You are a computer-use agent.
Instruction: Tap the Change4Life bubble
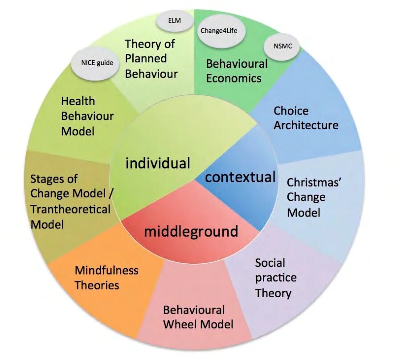click(216, 31)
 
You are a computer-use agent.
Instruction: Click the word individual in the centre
click(158, 163)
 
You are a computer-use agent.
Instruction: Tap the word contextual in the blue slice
click(240, 177)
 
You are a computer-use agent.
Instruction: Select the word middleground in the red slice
click(191, 231)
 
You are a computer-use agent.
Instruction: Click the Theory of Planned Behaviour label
click(150, 58)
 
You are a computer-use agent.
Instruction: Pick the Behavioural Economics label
click(237, 71)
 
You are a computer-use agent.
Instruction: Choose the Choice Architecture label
click(306, 118)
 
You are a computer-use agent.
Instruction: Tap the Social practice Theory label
click(276, 278)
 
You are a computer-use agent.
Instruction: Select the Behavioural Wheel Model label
click(197, 317)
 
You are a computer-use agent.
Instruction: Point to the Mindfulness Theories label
click(106, 277)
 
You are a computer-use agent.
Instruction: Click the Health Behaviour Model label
click(87, 116)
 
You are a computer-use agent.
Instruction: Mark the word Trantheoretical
click(70, 209)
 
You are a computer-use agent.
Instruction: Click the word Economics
click(233, 78)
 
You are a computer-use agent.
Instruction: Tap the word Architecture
click(306, 125)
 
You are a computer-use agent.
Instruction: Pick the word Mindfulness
click(106, 270)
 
